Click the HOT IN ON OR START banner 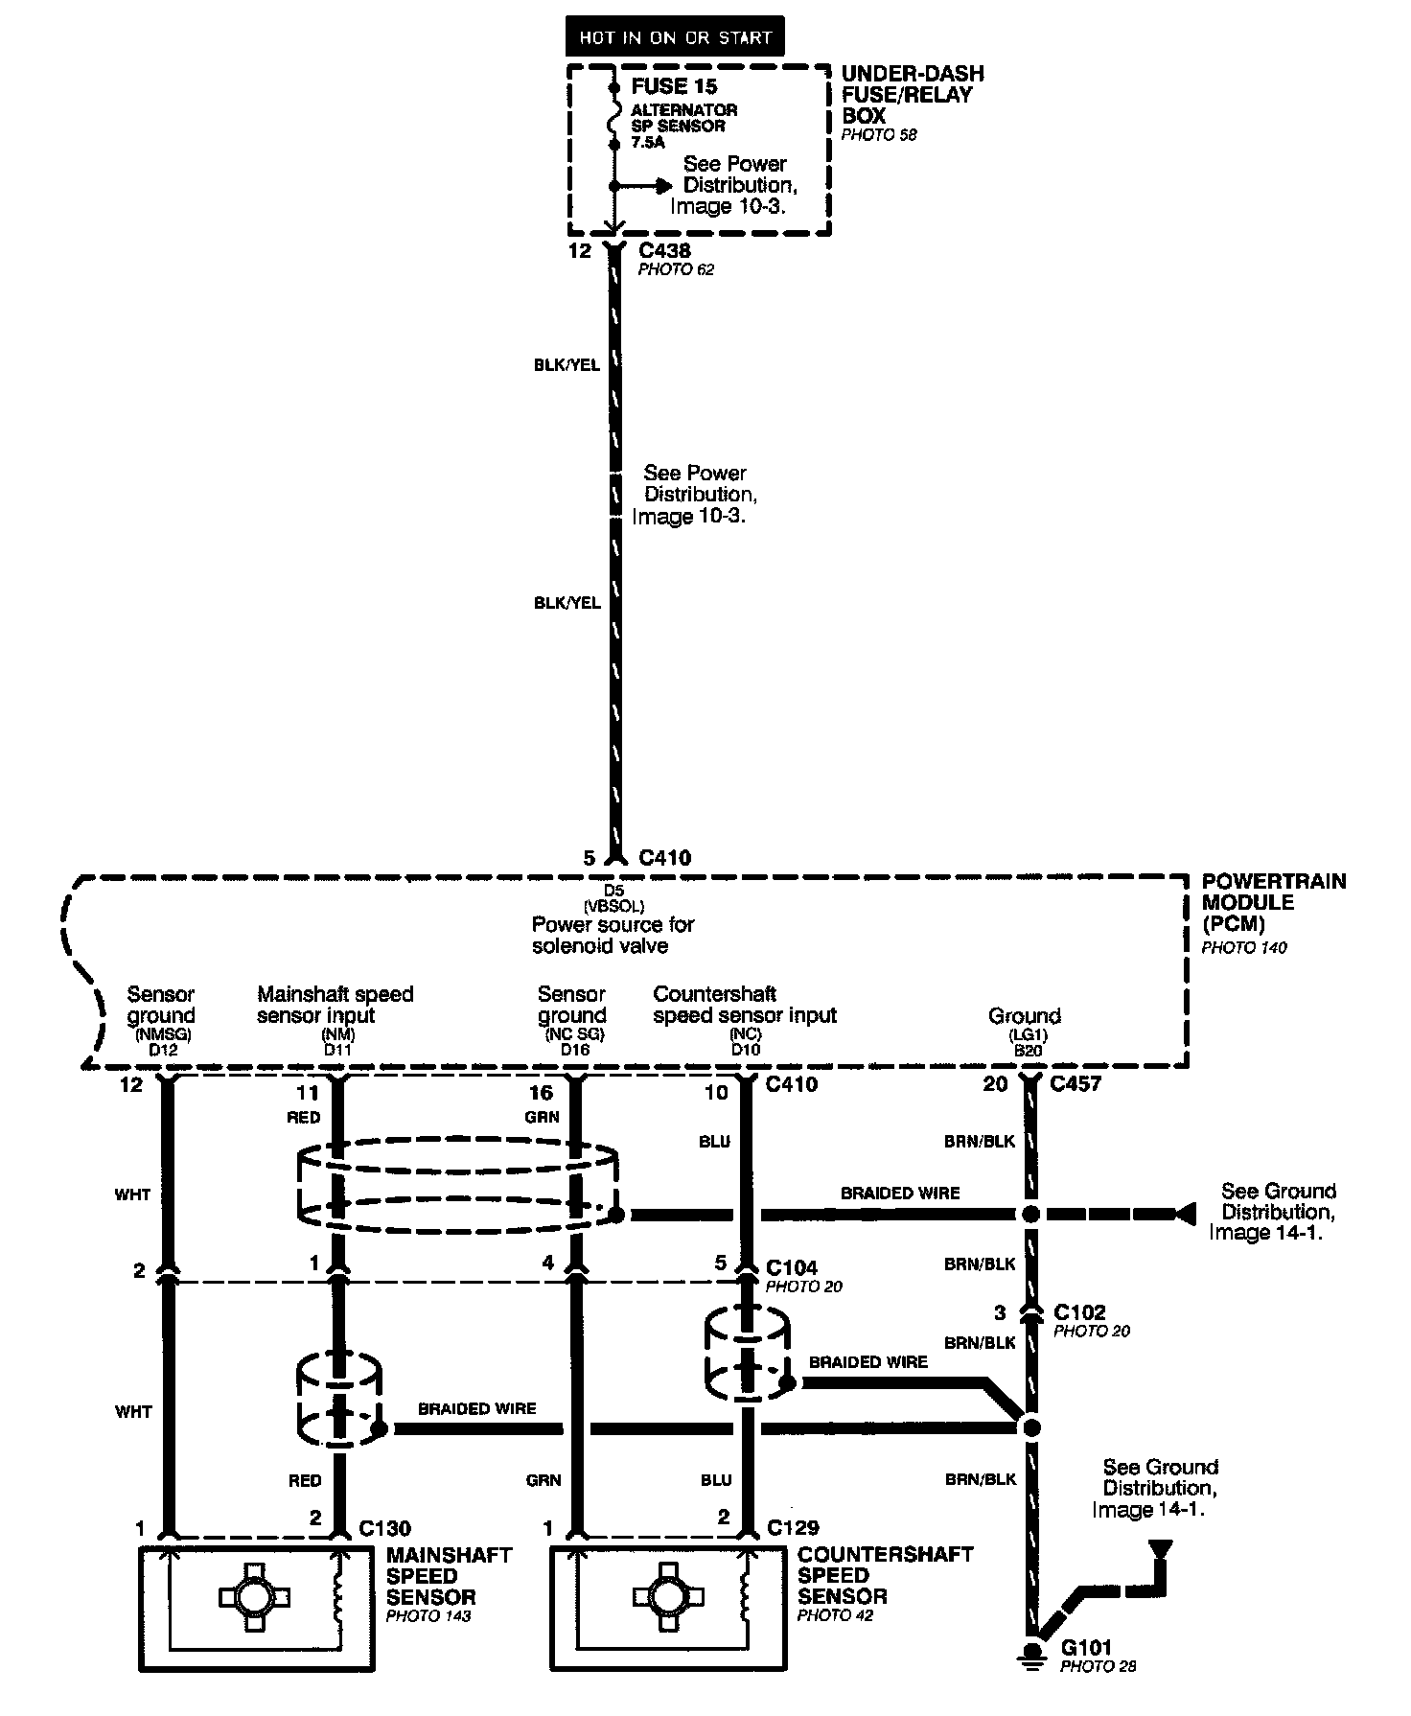click(675, 37)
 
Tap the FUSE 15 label click(674, 86)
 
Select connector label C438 click(664, 251)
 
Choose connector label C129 click(793, 1527)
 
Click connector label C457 click(1076, 1084)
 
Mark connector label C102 click(1079, 1311)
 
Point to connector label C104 click(792, 1267)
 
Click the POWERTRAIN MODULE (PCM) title click(1273, 902)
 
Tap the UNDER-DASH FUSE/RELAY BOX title click(912, 95)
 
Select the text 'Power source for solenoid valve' click(613, 935)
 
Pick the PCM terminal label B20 click(1028, 1050)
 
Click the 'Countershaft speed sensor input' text click(745, 1004)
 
